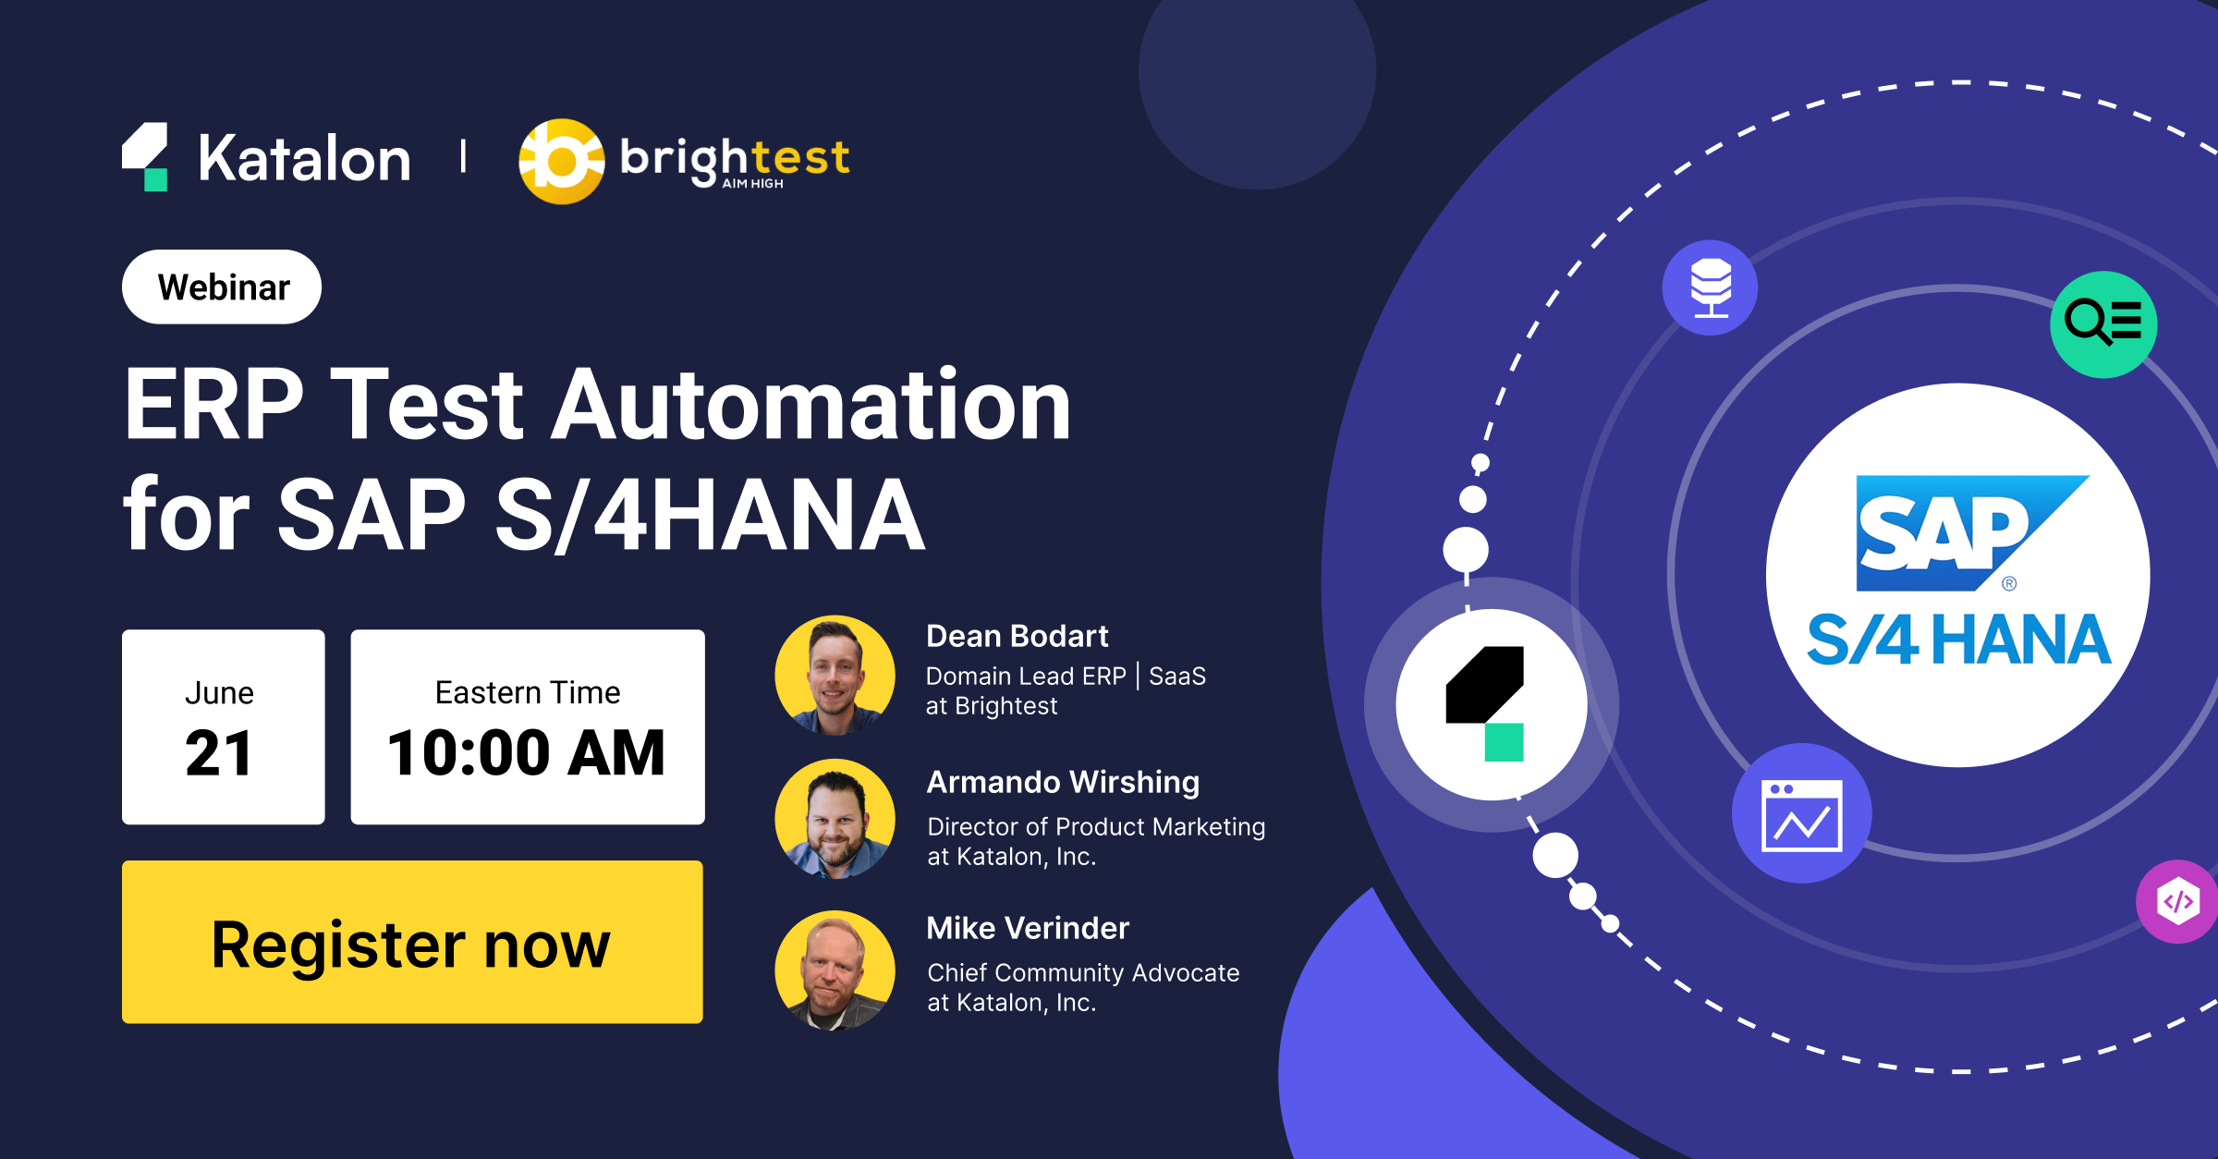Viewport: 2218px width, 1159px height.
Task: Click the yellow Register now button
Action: (x=412, y=942)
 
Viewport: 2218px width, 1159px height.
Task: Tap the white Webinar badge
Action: (x=222, y=287)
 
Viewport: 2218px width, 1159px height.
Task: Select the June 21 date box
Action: (x=223, y=727)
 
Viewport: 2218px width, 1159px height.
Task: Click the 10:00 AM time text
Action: (x=527, y=753)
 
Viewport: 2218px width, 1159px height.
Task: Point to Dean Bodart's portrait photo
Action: (x=835, y=676)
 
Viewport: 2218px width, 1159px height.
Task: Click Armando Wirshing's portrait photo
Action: (x=835, y=819)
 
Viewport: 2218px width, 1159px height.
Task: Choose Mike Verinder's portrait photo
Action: (x=835, y=970)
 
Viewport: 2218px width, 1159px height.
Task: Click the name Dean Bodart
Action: (x=1017, y=636)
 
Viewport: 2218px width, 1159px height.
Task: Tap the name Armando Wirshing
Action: (x=1063, y=782)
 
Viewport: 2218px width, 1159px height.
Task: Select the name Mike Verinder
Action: (x=1028, y=928)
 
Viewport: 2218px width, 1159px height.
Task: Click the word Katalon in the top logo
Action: (x=304, y=159)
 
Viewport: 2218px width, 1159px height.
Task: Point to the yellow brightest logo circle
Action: (x=561, y=162)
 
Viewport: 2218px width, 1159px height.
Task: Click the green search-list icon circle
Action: (x=2103, y=324)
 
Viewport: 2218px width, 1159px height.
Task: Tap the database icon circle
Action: (x=1710, y=287)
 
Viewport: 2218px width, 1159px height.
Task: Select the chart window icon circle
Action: (x=1801, y=813)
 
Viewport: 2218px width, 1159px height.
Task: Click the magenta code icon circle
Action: (x=2178, y=901)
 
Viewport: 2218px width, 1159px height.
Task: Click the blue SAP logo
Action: (x=1959, y=533)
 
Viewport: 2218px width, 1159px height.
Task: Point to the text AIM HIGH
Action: (x=752, y=184)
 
